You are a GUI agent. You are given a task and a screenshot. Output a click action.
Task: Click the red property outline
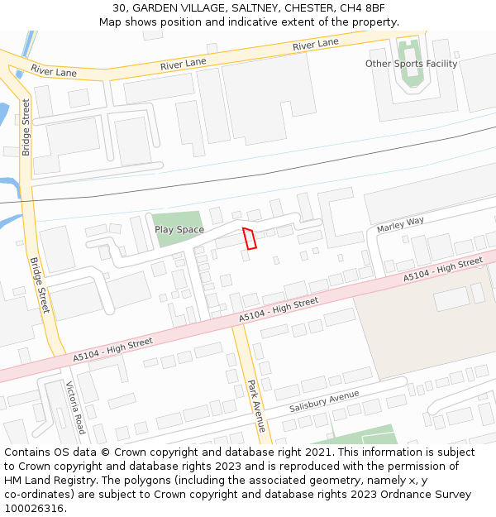click(x=249, y=237)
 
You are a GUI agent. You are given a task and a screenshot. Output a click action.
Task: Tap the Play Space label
click(x=179, y=229)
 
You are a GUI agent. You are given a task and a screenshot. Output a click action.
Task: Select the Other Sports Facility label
click(x=411, y=64)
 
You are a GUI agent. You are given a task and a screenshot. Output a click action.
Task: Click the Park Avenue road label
click(x=256, y=405)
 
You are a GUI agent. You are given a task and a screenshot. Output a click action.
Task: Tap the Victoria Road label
click(x=75, y=408)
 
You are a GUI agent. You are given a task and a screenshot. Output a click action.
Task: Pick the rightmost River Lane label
click(x=315, y=44)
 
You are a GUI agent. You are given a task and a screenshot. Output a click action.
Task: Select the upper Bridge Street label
click(x=26, y=127)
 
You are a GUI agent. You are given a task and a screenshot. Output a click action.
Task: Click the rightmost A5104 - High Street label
click(x=442, y=270)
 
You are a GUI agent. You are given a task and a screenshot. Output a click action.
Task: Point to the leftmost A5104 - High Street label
click(x=112, y=348)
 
